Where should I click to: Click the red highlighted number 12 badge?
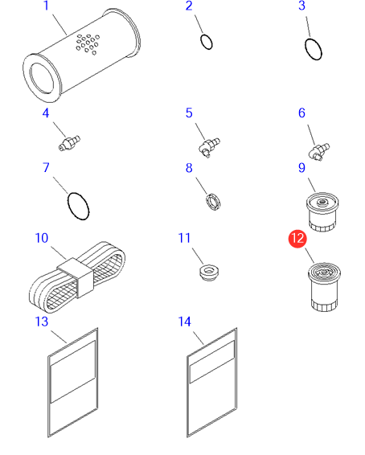297,239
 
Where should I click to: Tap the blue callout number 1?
46,6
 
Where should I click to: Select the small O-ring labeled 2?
207,42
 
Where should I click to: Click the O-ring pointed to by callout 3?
314,49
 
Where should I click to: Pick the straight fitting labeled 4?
69,143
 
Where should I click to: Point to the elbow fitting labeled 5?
209,147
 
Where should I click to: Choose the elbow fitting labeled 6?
319,151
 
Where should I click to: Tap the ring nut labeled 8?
213,202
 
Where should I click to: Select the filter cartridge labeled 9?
322,212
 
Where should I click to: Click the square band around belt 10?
76,278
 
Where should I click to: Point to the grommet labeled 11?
209,273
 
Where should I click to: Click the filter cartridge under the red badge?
324,287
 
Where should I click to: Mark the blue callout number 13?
42,322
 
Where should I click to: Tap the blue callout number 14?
185,322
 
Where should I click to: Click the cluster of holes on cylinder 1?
88,44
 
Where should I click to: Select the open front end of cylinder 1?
43,78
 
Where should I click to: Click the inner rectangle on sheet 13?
73,372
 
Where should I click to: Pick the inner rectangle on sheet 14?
212,362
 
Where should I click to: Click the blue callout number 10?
42,238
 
